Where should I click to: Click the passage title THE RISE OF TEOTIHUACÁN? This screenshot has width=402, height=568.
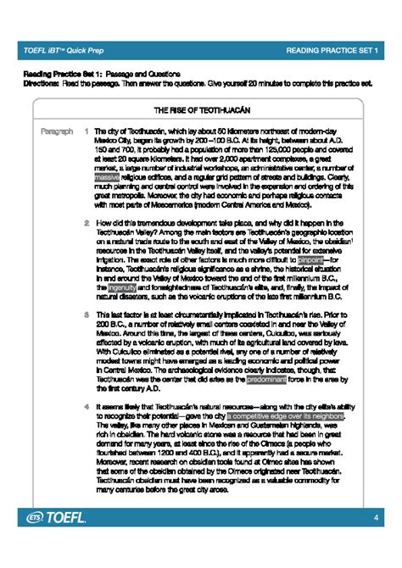(200, 110)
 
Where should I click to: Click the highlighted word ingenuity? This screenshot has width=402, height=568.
(114, 287)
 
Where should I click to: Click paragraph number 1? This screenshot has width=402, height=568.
(87, 132)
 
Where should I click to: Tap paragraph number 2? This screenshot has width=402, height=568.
(87, 224)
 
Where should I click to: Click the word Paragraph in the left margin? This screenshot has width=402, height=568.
(54, 132)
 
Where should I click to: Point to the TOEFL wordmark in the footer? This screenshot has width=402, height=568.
(69, 540)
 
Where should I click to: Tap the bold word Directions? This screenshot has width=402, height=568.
(39, 84)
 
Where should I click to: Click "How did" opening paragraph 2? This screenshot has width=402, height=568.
(107, 224)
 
